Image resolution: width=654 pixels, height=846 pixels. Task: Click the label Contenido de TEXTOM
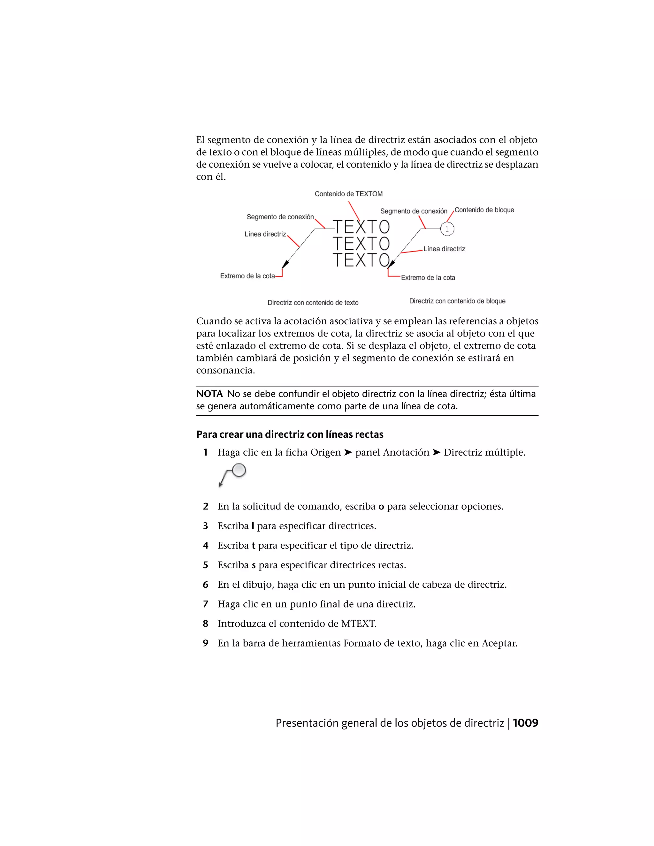(348, 194)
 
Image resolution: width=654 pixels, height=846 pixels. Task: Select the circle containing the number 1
(447, 229)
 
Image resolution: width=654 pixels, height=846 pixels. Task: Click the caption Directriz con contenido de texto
(313, 303)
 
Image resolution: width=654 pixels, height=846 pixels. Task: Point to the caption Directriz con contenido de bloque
(457, 301)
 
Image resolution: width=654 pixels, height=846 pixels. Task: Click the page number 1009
(525, 723)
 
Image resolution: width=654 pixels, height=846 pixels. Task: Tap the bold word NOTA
(209, 394)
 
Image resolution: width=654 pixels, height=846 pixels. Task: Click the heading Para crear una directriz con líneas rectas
(289, 434)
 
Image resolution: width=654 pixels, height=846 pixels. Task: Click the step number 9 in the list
(206, 643)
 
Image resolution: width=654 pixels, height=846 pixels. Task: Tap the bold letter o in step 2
(381, 507)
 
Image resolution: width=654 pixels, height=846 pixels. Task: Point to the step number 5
(206, 565)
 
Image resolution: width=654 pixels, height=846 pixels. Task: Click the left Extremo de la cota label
(247, 276)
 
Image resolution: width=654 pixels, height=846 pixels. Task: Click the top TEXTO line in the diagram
(361, 227)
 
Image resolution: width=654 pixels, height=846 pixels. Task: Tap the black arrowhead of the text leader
(285, 265)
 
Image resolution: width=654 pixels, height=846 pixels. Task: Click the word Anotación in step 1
(406, 452)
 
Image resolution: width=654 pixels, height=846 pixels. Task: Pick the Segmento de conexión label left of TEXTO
(280, 217)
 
